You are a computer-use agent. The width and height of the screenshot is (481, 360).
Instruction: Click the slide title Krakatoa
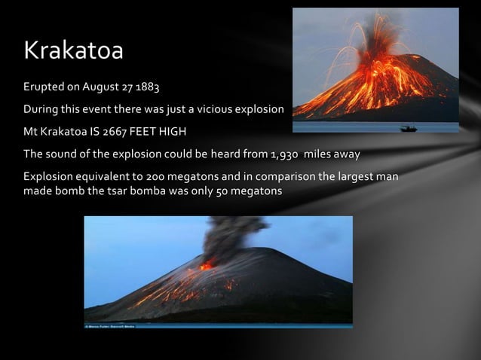[73, 50]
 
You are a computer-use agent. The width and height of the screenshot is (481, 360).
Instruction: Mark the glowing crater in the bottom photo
[206, 265]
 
